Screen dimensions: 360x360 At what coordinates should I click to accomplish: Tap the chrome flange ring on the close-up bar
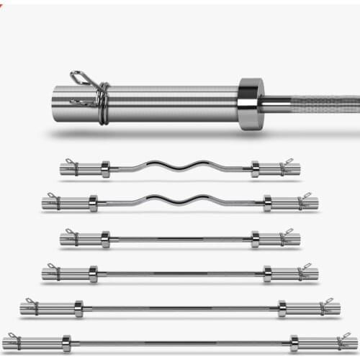coord(250,104)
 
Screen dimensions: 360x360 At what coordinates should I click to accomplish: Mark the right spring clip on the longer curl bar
coord(303,202)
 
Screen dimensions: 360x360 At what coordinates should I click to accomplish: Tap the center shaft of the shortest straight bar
coord(180,239)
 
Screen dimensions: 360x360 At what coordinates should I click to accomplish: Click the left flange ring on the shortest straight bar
coord(106,239)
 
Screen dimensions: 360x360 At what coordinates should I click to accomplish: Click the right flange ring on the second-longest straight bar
coord(282,309)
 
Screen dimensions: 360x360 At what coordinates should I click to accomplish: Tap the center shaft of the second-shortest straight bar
coord(180,274)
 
